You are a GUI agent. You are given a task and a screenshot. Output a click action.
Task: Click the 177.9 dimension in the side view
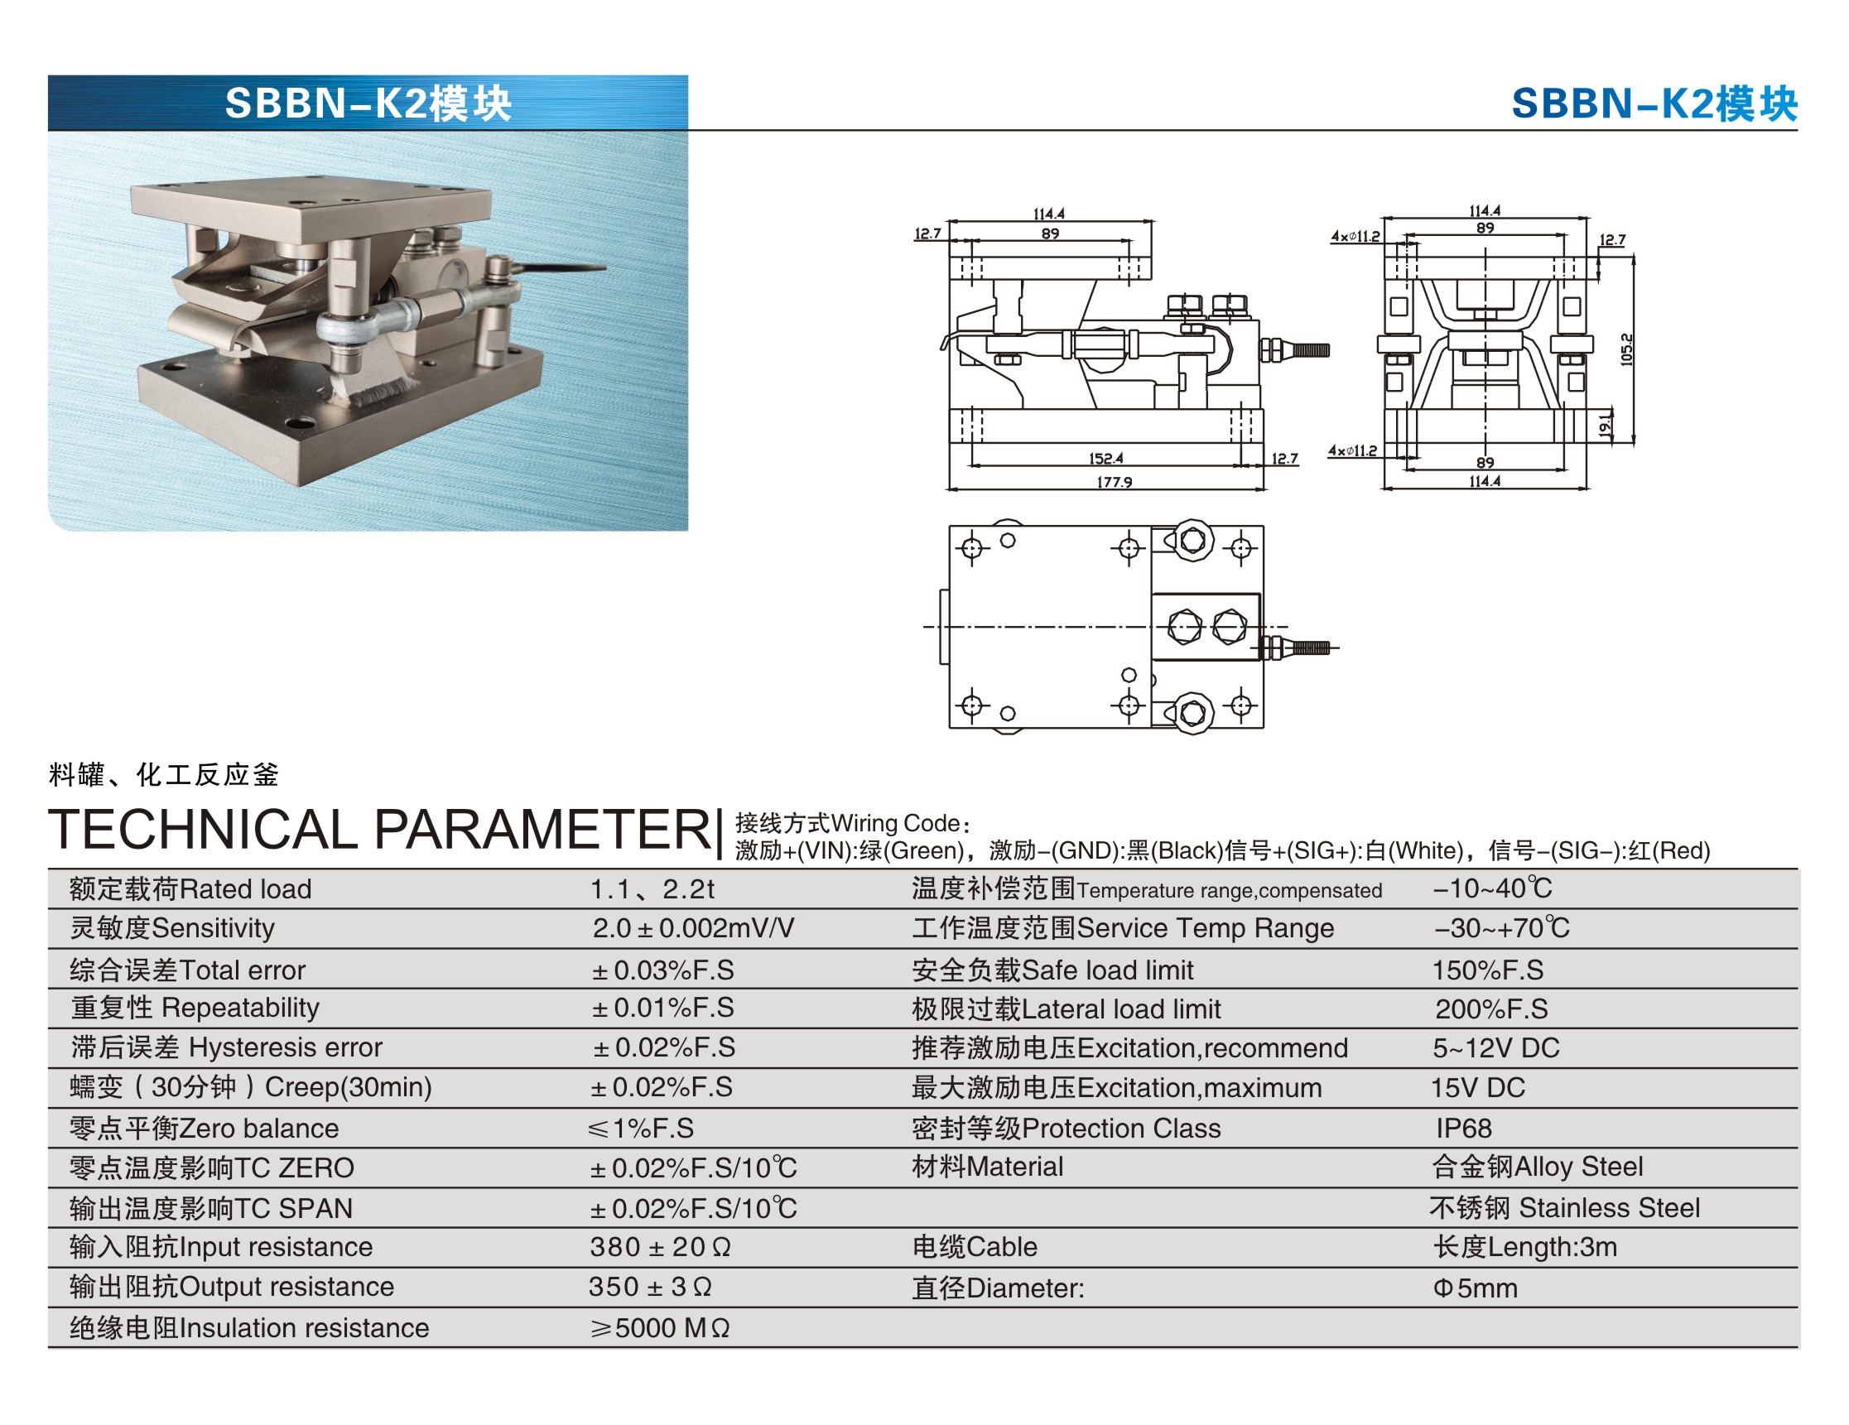click(1115, 482)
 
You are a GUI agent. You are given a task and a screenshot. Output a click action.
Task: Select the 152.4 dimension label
click(1105, 458)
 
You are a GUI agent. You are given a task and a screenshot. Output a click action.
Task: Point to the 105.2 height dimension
click(1626, 349)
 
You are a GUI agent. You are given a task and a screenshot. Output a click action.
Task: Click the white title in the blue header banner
click(368, 104)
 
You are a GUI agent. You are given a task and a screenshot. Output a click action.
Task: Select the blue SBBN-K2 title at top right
click(1654, 104)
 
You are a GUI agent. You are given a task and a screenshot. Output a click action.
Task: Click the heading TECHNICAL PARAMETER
click(380, 829)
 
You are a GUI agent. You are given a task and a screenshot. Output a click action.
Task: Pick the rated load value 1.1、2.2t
click(652, 889)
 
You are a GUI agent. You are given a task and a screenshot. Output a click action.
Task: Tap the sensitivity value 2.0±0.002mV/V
click(692, 928)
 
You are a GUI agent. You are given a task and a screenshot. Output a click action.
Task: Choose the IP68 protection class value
click(1463, 1128)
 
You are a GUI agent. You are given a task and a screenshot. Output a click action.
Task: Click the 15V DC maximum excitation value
click(1477, 1087)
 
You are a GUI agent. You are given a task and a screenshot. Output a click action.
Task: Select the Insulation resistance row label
click(249, 1327)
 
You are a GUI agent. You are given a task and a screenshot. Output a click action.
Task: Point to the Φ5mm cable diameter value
click(1475, 1288)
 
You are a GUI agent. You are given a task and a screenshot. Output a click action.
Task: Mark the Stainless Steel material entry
click(1564, 1207)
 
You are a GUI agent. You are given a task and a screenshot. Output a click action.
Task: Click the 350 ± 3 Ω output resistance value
click(650, 1286)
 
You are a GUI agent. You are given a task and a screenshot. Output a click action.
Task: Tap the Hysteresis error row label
click(227, 1047)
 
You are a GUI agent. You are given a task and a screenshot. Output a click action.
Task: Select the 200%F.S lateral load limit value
click(1491, 1009)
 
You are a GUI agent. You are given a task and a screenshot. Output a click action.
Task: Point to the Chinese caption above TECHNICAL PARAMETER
click(163, 774)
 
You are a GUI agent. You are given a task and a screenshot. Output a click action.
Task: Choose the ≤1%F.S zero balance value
click(641, 1128)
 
